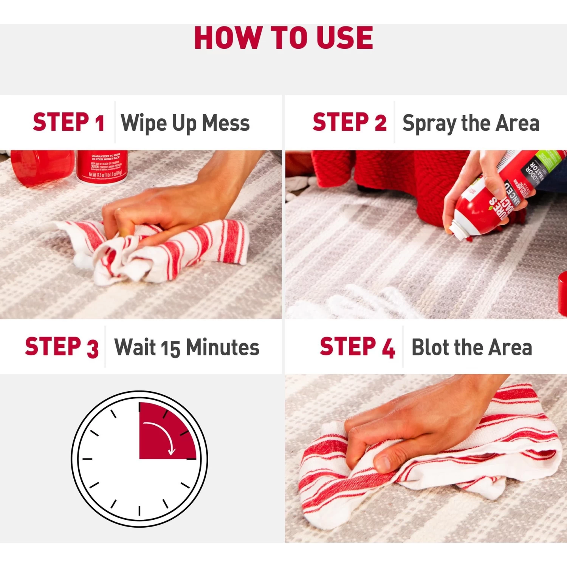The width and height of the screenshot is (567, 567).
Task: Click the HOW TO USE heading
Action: point(283,38)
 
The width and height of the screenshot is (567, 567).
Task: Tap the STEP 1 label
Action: point(68,122)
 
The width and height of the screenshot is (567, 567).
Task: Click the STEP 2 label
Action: point(349,122)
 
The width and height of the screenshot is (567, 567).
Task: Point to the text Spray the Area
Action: point(471,123)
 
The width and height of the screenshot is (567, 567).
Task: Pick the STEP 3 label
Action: point(62,347)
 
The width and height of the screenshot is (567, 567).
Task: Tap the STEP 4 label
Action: point(357,347)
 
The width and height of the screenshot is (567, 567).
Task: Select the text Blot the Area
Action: point(471,347)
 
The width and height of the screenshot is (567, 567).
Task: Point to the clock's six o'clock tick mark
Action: point(139,510)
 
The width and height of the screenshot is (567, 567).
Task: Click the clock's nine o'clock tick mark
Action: point(88,459)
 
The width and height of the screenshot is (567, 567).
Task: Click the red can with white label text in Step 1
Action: point(102,166)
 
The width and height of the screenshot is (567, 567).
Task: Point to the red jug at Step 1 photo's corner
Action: point(42,166)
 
